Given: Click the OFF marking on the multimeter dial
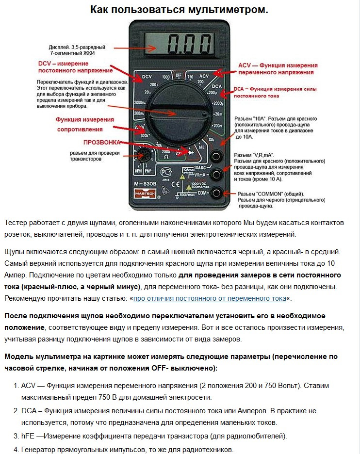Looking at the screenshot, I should [179, 75].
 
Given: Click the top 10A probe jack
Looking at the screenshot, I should [216, 156].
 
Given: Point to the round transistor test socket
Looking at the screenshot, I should [144, 157].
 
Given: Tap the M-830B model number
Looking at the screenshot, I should [147, 184].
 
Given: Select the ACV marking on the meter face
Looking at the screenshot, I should [204, 77].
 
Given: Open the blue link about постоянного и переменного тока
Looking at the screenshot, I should [210, 298].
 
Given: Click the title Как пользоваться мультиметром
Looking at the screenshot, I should [180, 10].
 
